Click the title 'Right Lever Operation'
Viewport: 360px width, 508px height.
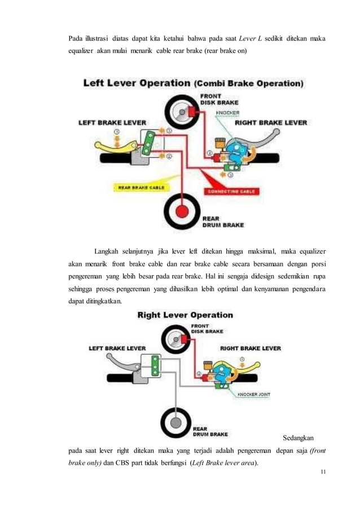(x=185, y=315)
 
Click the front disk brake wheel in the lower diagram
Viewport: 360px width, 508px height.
(x=177, y=339)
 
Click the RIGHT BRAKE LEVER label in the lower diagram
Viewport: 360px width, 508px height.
(x=250, y=348)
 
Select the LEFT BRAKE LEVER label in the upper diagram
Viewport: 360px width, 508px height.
(x=112, y=121)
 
